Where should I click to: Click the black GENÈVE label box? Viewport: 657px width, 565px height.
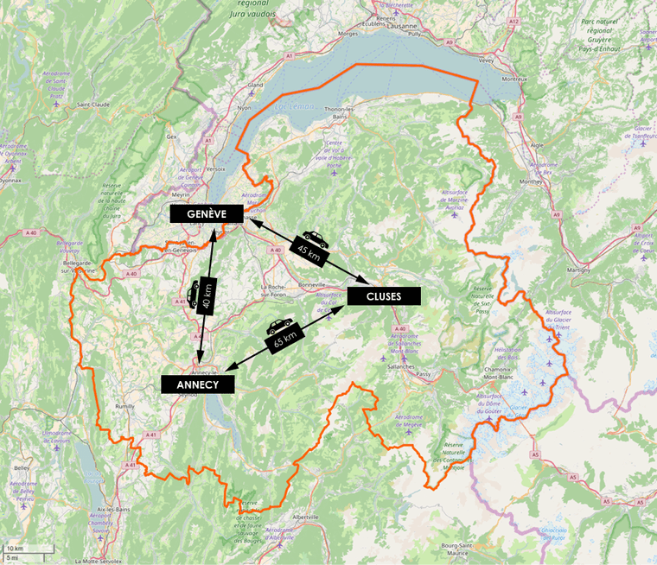207,213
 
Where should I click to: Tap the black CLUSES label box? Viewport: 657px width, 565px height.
383,296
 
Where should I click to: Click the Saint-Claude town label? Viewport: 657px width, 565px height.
93,105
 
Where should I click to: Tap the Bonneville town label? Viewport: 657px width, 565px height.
311,283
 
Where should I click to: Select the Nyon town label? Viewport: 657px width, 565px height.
244,109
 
